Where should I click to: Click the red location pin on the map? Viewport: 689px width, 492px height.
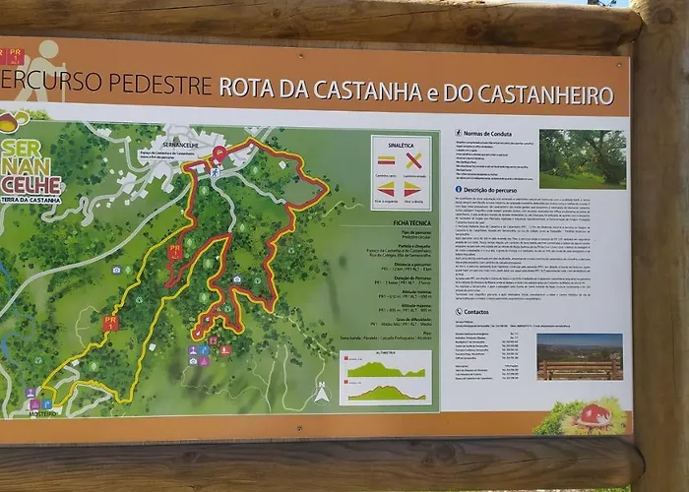tap(219, 154)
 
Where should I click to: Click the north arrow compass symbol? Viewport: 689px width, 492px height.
tap(321, 394)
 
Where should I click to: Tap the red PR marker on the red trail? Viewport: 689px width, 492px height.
tap(174, 252)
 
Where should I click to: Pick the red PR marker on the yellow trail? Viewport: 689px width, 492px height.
tap(110, 322)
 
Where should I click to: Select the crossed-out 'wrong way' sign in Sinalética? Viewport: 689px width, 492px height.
tap(413, 159)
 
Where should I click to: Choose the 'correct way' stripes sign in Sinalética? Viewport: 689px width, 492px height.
tap(387, 159)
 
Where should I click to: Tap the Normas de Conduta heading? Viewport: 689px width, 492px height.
tap(492, 133)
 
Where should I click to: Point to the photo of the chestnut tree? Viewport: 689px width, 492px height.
tap(582, 158)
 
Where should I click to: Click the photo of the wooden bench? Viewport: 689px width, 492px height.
tap(579, 356)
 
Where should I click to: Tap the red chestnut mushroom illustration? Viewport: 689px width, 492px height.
tap(594, 416)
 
